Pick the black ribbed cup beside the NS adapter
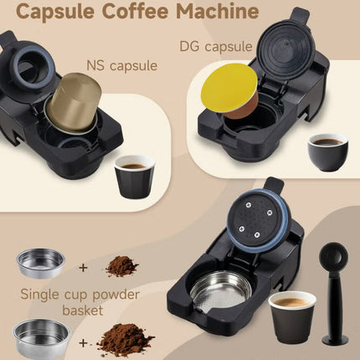tap(134, 175)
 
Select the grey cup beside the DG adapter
tap(327, 151)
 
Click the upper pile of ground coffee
tap(122, 266)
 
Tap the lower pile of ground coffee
tap(125, 339)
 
